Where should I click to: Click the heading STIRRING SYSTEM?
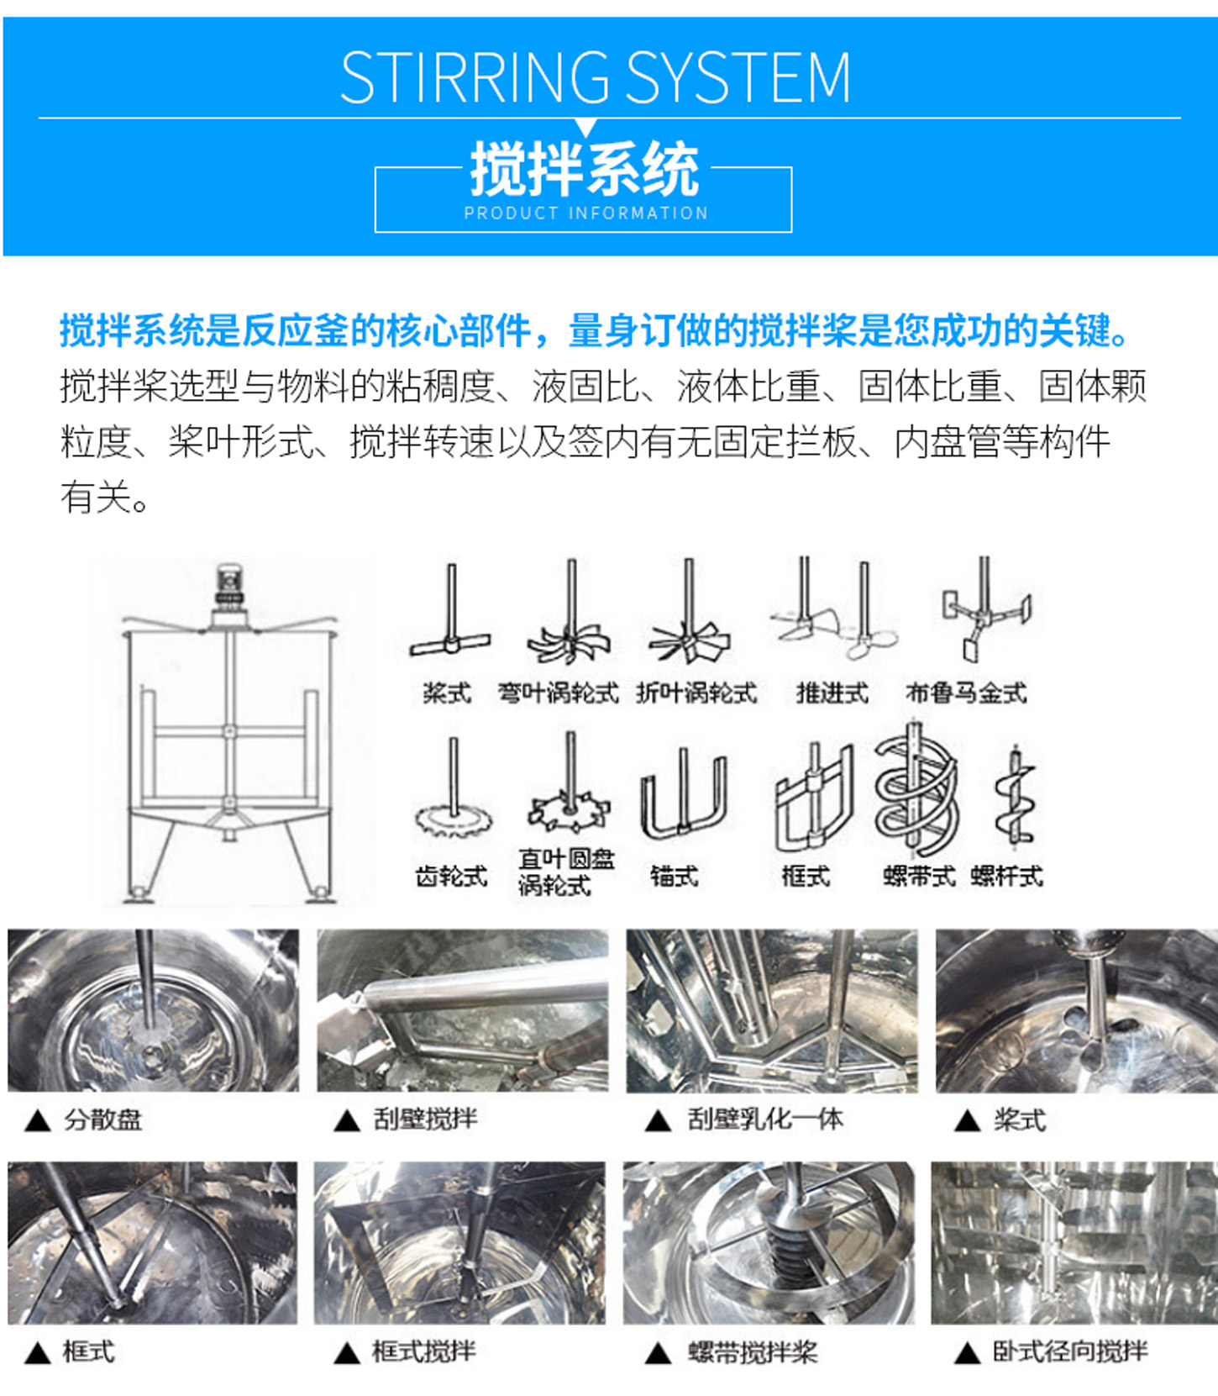point(595,77)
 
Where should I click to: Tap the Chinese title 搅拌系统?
point(584,169)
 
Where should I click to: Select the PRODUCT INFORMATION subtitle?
point(585,213)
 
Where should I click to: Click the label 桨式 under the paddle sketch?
point(446,693)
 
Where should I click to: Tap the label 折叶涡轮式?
point(696,693)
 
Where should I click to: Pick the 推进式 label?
point(832,693)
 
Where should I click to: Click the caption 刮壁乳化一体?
point(764,1119)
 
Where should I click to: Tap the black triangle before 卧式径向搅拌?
point(968,1352)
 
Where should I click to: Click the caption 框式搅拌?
point(423,1351)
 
